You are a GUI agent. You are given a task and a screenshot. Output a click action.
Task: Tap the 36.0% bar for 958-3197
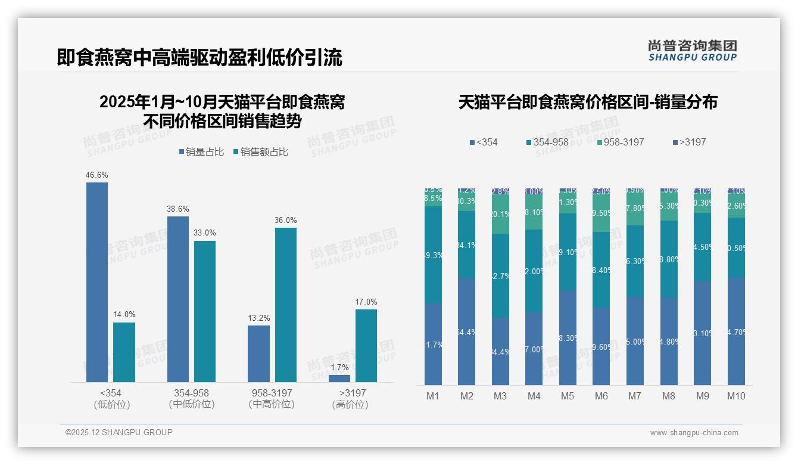tap(286, 305)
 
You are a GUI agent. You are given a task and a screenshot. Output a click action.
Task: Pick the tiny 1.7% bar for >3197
tap(339, 378)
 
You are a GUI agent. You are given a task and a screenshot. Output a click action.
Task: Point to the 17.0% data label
tap(366, 302)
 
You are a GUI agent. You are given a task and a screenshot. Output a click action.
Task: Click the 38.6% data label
tap(178, 209)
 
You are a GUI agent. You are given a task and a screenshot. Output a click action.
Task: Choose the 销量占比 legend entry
tap(201, 152)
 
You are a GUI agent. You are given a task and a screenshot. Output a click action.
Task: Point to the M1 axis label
tap(433, 396)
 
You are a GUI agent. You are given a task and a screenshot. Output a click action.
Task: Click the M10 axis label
tap(736, 396)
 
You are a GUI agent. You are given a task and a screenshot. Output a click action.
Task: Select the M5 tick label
tap(568, 396)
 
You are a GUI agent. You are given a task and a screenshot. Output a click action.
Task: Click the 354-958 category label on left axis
tap(192, 393)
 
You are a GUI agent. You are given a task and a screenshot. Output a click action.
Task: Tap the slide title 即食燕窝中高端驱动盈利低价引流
tap(199, 58)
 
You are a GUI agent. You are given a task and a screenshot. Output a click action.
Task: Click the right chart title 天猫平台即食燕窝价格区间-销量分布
tap(588, 102)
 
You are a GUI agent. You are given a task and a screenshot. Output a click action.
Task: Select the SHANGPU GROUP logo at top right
tap(693, 51)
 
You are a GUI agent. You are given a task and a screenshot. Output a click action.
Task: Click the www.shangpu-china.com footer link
tap(694, 433)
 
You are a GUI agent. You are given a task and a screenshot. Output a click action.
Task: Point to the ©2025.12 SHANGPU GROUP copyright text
tap(119, 432)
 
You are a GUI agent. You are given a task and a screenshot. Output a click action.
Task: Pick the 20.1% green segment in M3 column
tap(500, 214)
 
